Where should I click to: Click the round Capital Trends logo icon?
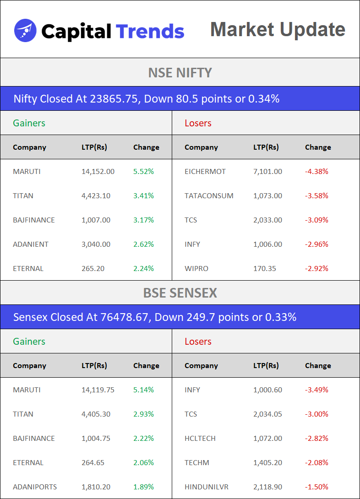coord(25,31)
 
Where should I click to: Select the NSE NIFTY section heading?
coord(180,72)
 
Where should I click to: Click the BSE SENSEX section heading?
coord(180,293)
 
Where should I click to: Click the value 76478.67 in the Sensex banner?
coord(125,317)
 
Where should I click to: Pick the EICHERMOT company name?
coord(205,172)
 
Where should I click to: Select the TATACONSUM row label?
coord(209,196)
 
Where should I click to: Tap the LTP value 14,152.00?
coord(98,172)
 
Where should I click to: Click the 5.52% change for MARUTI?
coord(143,172)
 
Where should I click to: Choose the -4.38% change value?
coord(316,172)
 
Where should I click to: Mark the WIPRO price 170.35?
coord(265,269)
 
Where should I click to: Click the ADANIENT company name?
coord(31,244)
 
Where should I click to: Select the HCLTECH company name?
coord(200,439)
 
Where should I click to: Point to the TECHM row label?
coord(196,463)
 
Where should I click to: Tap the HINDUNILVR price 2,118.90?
coord(267,487)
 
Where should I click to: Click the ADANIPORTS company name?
coord(35,487)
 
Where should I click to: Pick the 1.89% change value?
coord(143,487)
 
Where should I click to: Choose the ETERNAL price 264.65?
coord(93,463)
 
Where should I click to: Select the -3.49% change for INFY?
coord(316,390)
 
